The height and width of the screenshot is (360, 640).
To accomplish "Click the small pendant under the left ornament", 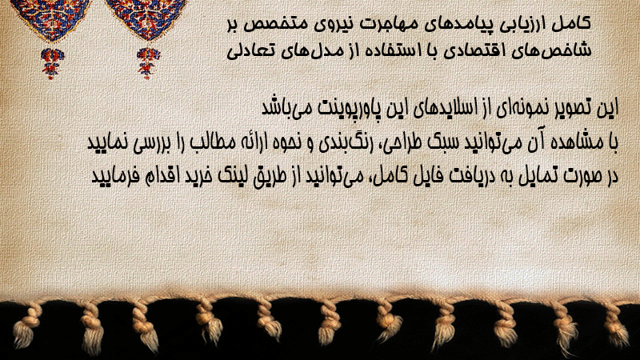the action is pyautogui.click(x=52, y=63).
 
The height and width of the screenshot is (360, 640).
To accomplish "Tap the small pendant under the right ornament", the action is pyautogui.click(x=148, y=63).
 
